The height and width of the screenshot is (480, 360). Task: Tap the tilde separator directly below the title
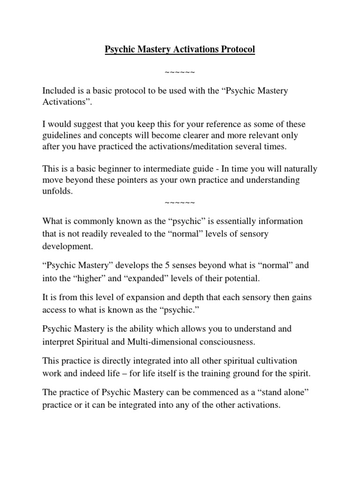click(180, 72)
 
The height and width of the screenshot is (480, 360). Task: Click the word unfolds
click(58, 191)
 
